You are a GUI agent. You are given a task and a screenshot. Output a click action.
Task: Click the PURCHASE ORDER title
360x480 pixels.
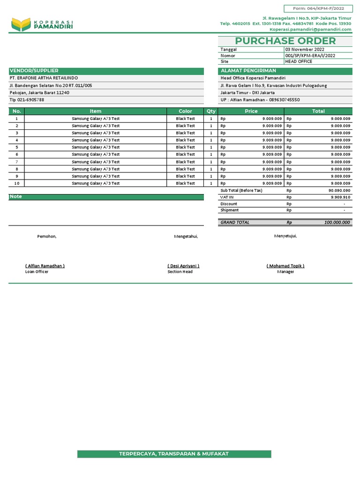285,41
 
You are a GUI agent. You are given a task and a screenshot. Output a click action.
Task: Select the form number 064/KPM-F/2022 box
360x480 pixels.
318,8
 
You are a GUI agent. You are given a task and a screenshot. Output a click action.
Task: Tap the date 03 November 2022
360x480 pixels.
304,49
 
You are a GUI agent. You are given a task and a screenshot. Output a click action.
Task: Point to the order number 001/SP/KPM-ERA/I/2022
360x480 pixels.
310,55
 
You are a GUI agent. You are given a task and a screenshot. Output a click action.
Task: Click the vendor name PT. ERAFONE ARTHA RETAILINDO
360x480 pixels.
44,78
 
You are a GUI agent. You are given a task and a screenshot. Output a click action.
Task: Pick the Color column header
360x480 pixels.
185,111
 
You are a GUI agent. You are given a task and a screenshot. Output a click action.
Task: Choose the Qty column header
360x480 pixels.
211,111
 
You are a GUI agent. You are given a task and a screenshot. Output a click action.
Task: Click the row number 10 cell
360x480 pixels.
16,183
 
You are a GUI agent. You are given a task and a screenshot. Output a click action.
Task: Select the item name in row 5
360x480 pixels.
96,147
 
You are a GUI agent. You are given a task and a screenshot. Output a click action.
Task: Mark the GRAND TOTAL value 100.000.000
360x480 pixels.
337,223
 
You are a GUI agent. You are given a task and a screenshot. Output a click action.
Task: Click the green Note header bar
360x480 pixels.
106,197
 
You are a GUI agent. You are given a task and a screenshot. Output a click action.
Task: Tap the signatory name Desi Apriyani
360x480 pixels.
183,266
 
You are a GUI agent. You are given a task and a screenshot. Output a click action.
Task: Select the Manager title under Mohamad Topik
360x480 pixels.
285,272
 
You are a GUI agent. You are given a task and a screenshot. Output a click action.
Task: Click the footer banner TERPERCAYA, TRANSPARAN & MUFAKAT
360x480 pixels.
174,454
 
